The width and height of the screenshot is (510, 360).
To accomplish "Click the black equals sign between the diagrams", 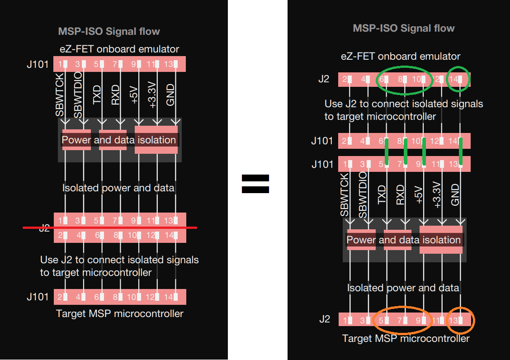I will click(x=255, y=184).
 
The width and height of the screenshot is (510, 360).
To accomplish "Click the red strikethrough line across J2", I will click(x=110, y=227).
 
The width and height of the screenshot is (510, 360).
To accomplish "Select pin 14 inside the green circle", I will click(x=458, y=79).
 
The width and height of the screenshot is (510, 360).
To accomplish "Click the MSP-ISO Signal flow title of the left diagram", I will click(x=109, y=31).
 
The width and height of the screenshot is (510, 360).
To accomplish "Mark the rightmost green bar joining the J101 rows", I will click(x=460, y=152).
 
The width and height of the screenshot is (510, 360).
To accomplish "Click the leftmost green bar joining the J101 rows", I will click(x=387, y=152).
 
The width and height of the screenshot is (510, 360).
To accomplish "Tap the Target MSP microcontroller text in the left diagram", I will click(x=119, y=313).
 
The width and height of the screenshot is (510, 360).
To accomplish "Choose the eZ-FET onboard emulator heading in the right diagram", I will click(x=400, y=56).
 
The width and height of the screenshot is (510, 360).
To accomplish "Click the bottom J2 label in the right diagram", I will click(x=324, y=319).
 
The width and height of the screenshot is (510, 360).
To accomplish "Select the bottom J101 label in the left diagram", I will click(x=38, y=297).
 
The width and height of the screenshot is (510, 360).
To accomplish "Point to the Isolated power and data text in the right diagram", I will click(x=403, y=288).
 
